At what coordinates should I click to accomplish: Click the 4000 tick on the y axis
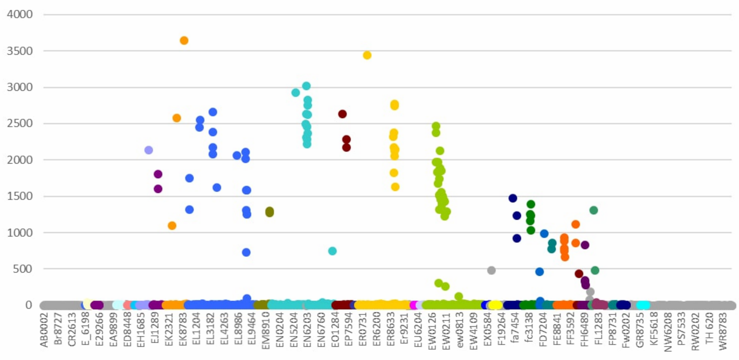(20, 14)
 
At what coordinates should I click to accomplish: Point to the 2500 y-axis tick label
(20, 123)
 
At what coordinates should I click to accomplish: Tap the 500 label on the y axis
(23, 269)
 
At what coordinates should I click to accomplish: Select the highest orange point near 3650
(184, 41)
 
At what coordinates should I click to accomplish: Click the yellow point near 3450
(367, 55)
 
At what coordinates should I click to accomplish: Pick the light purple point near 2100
(149, 150)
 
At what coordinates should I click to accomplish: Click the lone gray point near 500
(491, 270)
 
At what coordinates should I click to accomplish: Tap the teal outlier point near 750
(332, 251)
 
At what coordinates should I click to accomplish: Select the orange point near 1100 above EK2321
(172, 225)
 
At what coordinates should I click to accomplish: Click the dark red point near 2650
(342, 114)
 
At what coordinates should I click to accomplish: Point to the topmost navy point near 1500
(513, 198)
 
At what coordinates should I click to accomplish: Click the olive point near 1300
(269, 212)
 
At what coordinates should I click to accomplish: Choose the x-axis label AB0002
(44, 330)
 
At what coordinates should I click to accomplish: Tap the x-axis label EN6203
(307, 330)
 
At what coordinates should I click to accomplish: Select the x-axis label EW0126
(432, 330)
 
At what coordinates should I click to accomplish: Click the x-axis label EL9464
(252, 330)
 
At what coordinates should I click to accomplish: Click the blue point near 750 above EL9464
(246, 252)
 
